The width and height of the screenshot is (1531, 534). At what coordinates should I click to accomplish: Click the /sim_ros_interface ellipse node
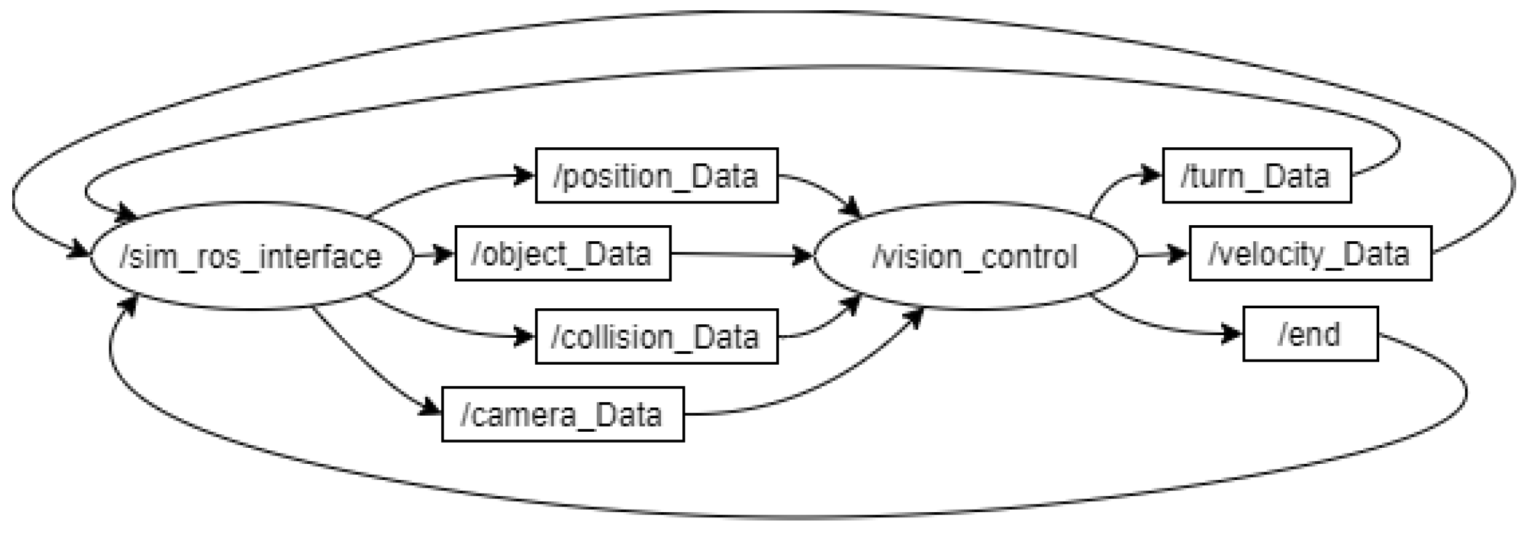(x=251, y=256)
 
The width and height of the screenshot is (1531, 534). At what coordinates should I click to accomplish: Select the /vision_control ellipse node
(x=974, y=256)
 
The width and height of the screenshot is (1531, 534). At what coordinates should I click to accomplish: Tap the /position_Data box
(x=657, y=176)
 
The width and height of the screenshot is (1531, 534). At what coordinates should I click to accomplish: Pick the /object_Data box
(x=563, y=253)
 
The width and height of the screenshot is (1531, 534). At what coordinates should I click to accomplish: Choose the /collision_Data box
(x=657, y=336)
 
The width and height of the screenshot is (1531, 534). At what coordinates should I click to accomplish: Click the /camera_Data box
(x=563, y=414)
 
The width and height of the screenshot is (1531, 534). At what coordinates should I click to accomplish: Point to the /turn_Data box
(x=1256, y=176)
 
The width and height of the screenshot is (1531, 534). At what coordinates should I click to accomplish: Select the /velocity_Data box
(x=1310, y=253)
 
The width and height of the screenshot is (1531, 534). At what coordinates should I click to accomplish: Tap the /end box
(x=1310, y=334)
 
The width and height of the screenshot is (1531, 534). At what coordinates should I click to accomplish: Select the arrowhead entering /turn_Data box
(x=1152, y=174)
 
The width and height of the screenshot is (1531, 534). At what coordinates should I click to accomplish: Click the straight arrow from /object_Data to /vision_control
(x=739, y=255)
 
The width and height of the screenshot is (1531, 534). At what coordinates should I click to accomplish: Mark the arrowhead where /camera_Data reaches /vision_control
(x=914, y=317)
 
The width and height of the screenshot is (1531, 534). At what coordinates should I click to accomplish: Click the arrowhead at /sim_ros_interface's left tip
(x=80, y=250)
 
